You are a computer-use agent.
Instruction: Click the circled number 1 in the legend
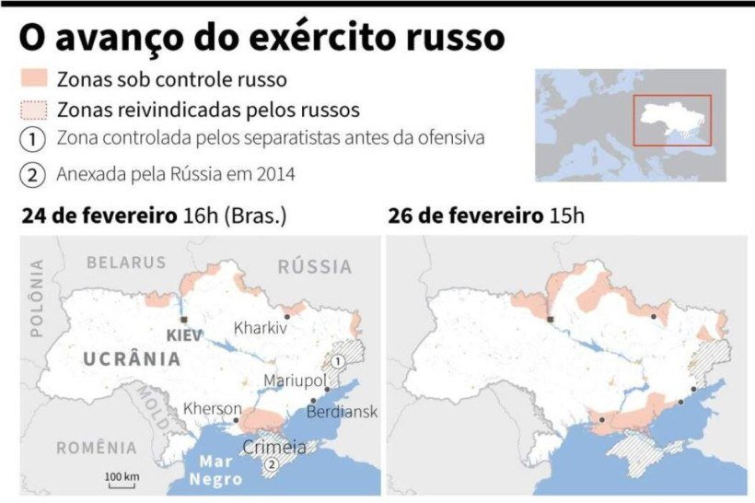click(x=33, y=139)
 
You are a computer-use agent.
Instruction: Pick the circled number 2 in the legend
click(x=33, y=173)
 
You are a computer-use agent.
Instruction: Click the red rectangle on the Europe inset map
click(x=671, y=120)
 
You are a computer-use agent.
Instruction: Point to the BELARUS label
click(x=126, y=263)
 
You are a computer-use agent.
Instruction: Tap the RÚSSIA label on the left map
click(x=314, y=267)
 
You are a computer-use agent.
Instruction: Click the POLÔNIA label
click(x=38, y=299)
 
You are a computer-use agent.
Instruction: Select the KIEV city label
click(x=185, y=335)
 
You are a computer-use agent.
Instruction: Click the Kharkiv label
click(x=261, y=327)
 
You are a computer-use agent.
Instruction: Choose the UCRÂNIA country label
click(x=132, y=359)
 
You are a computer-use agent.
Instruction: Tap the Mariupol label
click(x=295, y=380)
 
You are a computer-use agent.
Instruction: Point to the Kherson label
click(x=212, y=409)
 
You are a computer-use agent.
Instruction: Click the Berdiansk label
click(x=342, y=412)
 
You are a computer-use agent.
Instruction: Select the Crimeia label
click(x=274, y=448)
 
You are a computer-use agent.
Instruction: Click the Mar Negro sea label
click(x=215, y=471)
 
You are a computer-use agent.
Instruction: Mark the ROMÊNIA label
click(x=96, y=449)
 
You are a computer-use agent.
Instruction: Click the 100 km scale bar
click(x=121, y=480)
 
